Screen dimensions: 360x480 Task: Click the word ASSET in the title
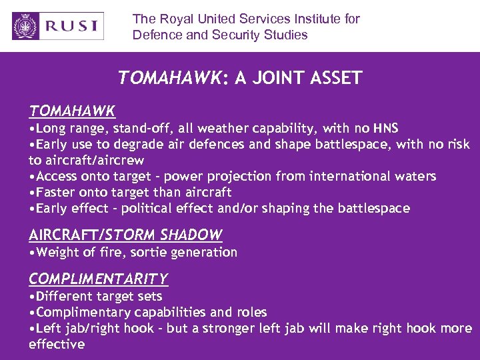(x=337, y=78)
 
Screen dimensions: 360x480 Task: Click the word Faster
(x=58, y=192)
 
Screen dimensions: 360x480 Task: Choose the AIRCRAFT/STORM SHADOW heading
(x=125, y=235)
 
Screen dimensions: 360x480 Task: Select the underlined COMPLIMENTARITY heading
(x=98, y=279)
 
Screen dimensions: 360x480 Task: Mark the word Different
(x=65, y=296)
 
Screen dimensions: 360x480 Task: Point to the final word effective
(x=57, y=344)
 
